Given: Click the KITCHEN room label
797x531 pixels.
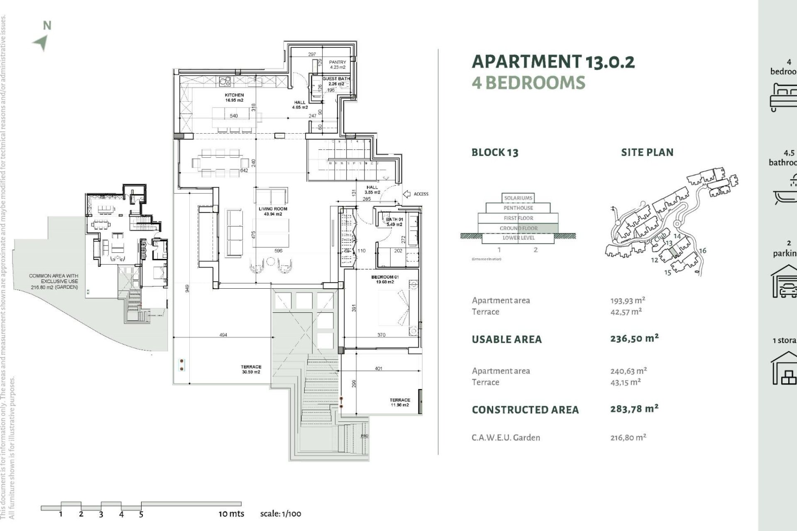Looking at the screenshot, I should [x=235, y=97].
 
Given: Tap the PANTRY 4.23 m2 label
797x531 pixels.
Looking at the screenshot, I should [x=337, y=64].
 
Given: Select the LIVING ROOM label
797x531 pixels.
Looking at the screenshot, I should [x=273, y=211].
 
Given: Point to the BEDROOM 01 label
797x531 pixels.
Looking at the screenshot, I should [x=385, y=279].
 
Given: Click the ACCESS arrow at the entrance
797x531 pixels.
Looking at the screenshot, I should [x=407, y=194].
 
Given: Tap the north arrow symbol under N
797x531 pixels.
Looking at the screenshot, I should [x=41, y=43].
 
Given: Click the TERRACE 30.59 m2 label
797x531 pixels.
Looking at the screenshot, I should [x=251, y=369].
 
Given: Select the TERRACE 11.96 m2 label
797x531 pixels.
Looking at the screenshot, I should [x=400, y=402].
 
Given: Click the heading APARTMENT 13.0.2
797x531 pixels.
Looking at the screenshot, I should [x=553, y=62].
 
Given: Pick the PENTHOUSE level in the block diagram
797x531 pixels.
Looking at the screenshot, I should [x=518, y=208].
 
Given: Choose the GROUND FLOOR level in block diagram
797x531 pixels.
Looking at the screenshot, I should [x=518, y=228].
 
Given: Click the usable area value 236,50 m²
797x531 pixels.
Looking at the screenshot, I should [x=634, y=339].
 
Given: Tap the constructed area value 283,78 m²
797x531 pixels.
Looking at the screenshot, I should [x=634, y=409].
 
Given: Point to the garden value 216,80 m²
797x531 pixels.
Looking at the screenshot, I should [x=628, y=437].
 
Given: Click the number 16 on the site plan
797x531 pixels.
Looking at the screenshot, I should [x=702, y=251].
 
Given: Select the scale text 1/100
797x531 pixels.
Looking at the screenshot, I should [x=281, y=514].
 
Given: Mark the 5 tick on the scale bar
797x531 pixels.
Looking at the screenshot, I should [x=141, y=514].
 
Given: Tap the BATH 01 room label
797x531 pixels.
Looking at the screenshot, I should [x=394, y=222].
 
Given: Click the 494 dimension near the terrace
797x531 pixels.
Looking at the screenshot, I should [x=223, y=335].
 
